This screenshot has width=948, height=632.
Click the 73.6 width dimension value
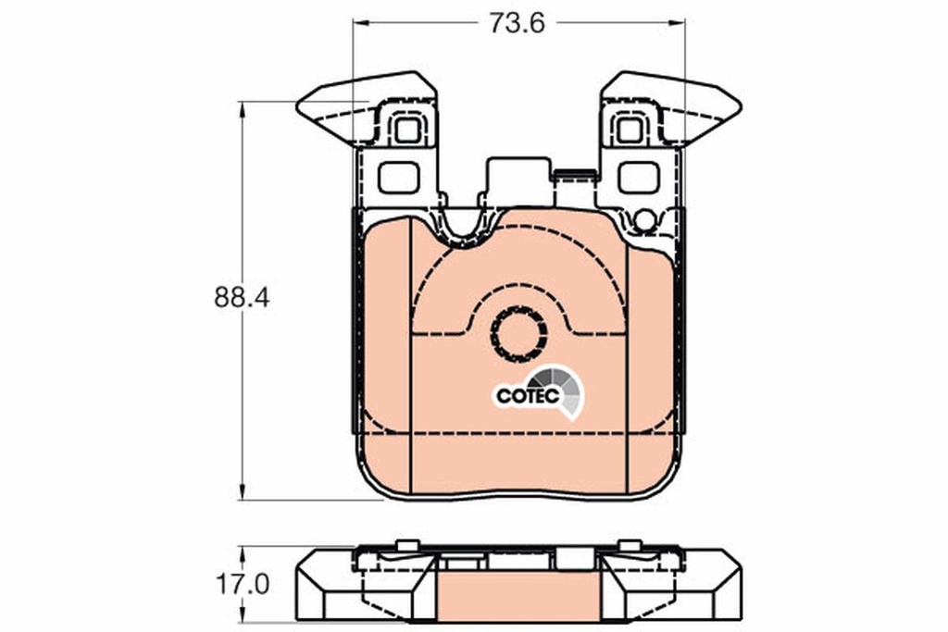click(x=518, y=23)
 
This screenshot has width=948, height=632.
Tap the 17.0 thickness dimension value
click(x=242, y=585)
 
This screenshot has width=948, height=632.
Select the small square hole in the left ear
click(x=406, y=130)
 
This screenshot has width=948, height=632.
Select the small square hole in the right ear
click(x=630, y=130)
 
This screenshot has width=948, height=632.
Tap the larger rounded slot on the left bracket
click(x=399, y=176)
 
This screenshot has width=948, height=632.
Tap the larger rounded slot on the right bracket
click(x=639, y=176)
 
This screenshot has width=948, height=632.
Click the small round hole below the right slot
click(x=645, y=220)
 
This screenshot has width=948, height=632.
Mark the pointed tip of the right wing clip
click(x=739, y=105)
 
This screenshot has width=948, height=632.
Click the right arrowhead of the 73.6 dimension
click(x=680, y=22)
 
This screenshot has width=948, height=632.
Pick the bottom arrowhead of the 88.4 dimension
click(x=242, y=495)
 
